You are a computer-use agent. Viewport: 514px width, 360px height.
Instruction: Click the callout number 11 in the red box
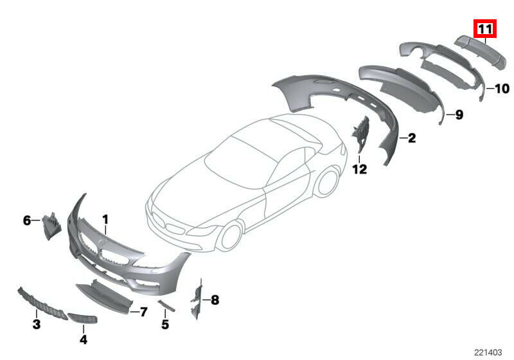pyautogui.click(x=485, y=29)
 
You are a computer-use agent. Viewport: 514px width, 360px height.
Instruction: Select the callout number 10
pyautogui.click(x=502, y=89)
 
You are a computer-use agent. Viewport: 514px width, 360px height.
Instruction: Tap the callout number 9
pyautogui.click(x=459, y=115)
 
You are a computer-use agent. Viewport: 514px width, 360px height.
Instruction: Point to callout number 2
pyautogui.click(x=412, y=138)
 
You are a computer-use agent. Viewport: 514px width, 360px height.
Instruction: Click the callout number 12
pyautogui.click(x=360, y=169)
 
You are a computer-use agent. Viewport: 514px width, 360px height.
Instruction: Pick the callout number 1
pyautogui.click(x=105, y=219)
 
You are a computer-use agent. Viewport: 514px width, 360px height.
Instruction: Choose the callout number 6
pyautogui.click(x=27, y=221)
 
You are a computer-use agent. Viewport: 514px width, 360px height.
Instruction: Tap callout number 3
pyautogui.click(x=37, y=324)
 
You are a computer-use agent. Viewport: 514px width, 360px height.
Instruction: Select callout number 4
pyautogui.click(x=84, y=339)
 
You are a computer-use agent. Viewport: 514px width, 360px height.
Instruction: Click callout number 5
pyautogui.click(x=165, y=324)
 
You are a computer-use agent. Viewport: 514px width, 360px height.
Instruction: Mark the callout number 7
pyautogui.click(x=143, y=312)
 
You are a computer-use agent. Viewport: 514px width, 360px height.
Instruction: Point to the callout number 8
pyautogui.click(x=215, y=300)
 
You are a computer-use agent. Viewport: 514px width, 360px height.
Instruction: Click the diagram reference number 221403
pyautogui.click(x=488, y=352)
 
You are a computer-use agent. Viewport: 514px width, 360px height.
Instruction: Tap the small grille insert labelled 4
pyautogui.click(x=82, y=318)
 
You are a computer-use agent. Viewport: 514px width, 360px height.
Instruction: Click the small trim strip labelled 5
pyautogui.click(x=166, y=305)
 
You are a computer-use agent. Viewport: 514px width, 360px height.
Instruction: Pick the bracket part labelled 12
pyautogui.click(x=360, y=134)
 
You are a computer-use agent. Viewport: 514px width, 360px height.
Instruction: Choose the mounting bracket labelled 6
pyautogui.click(x=51, y=226)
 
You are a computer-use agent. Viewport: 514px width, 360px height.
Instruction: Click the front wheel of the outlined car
pyautogui.click(x=232, y=237)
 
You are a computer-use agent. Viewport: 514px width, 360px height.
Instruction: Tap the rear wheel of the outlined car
pyautogui.click(x=327, y=181)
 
